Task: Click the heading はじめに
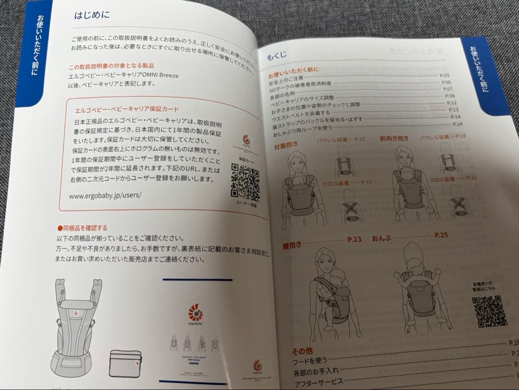92,14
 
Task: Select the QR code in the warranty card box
245,181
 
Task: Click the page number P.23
354,239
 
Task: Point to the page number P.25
441,235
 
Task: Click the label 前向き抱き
394,138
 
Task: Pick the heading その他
303,350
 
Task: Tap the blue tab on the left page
36,53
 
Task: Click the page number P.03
444,76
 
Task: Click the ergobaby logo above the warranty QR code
246,141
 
